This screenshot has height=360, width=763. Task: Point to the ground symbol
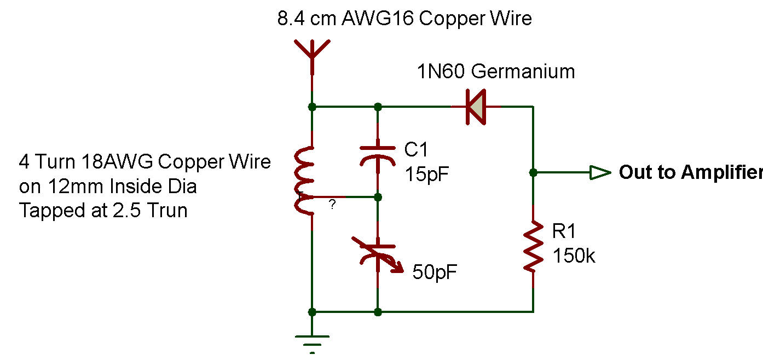tap(312, 341)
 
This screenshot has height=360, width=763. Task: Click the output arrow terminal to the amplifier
tap(600, 173)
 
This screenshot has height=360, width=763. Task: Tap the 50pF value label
tap(435, 272)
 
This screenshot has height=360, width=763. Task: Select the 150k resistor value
tap(574, 255)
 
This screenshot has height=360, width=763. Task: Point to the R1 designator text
tap(564, 231)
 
